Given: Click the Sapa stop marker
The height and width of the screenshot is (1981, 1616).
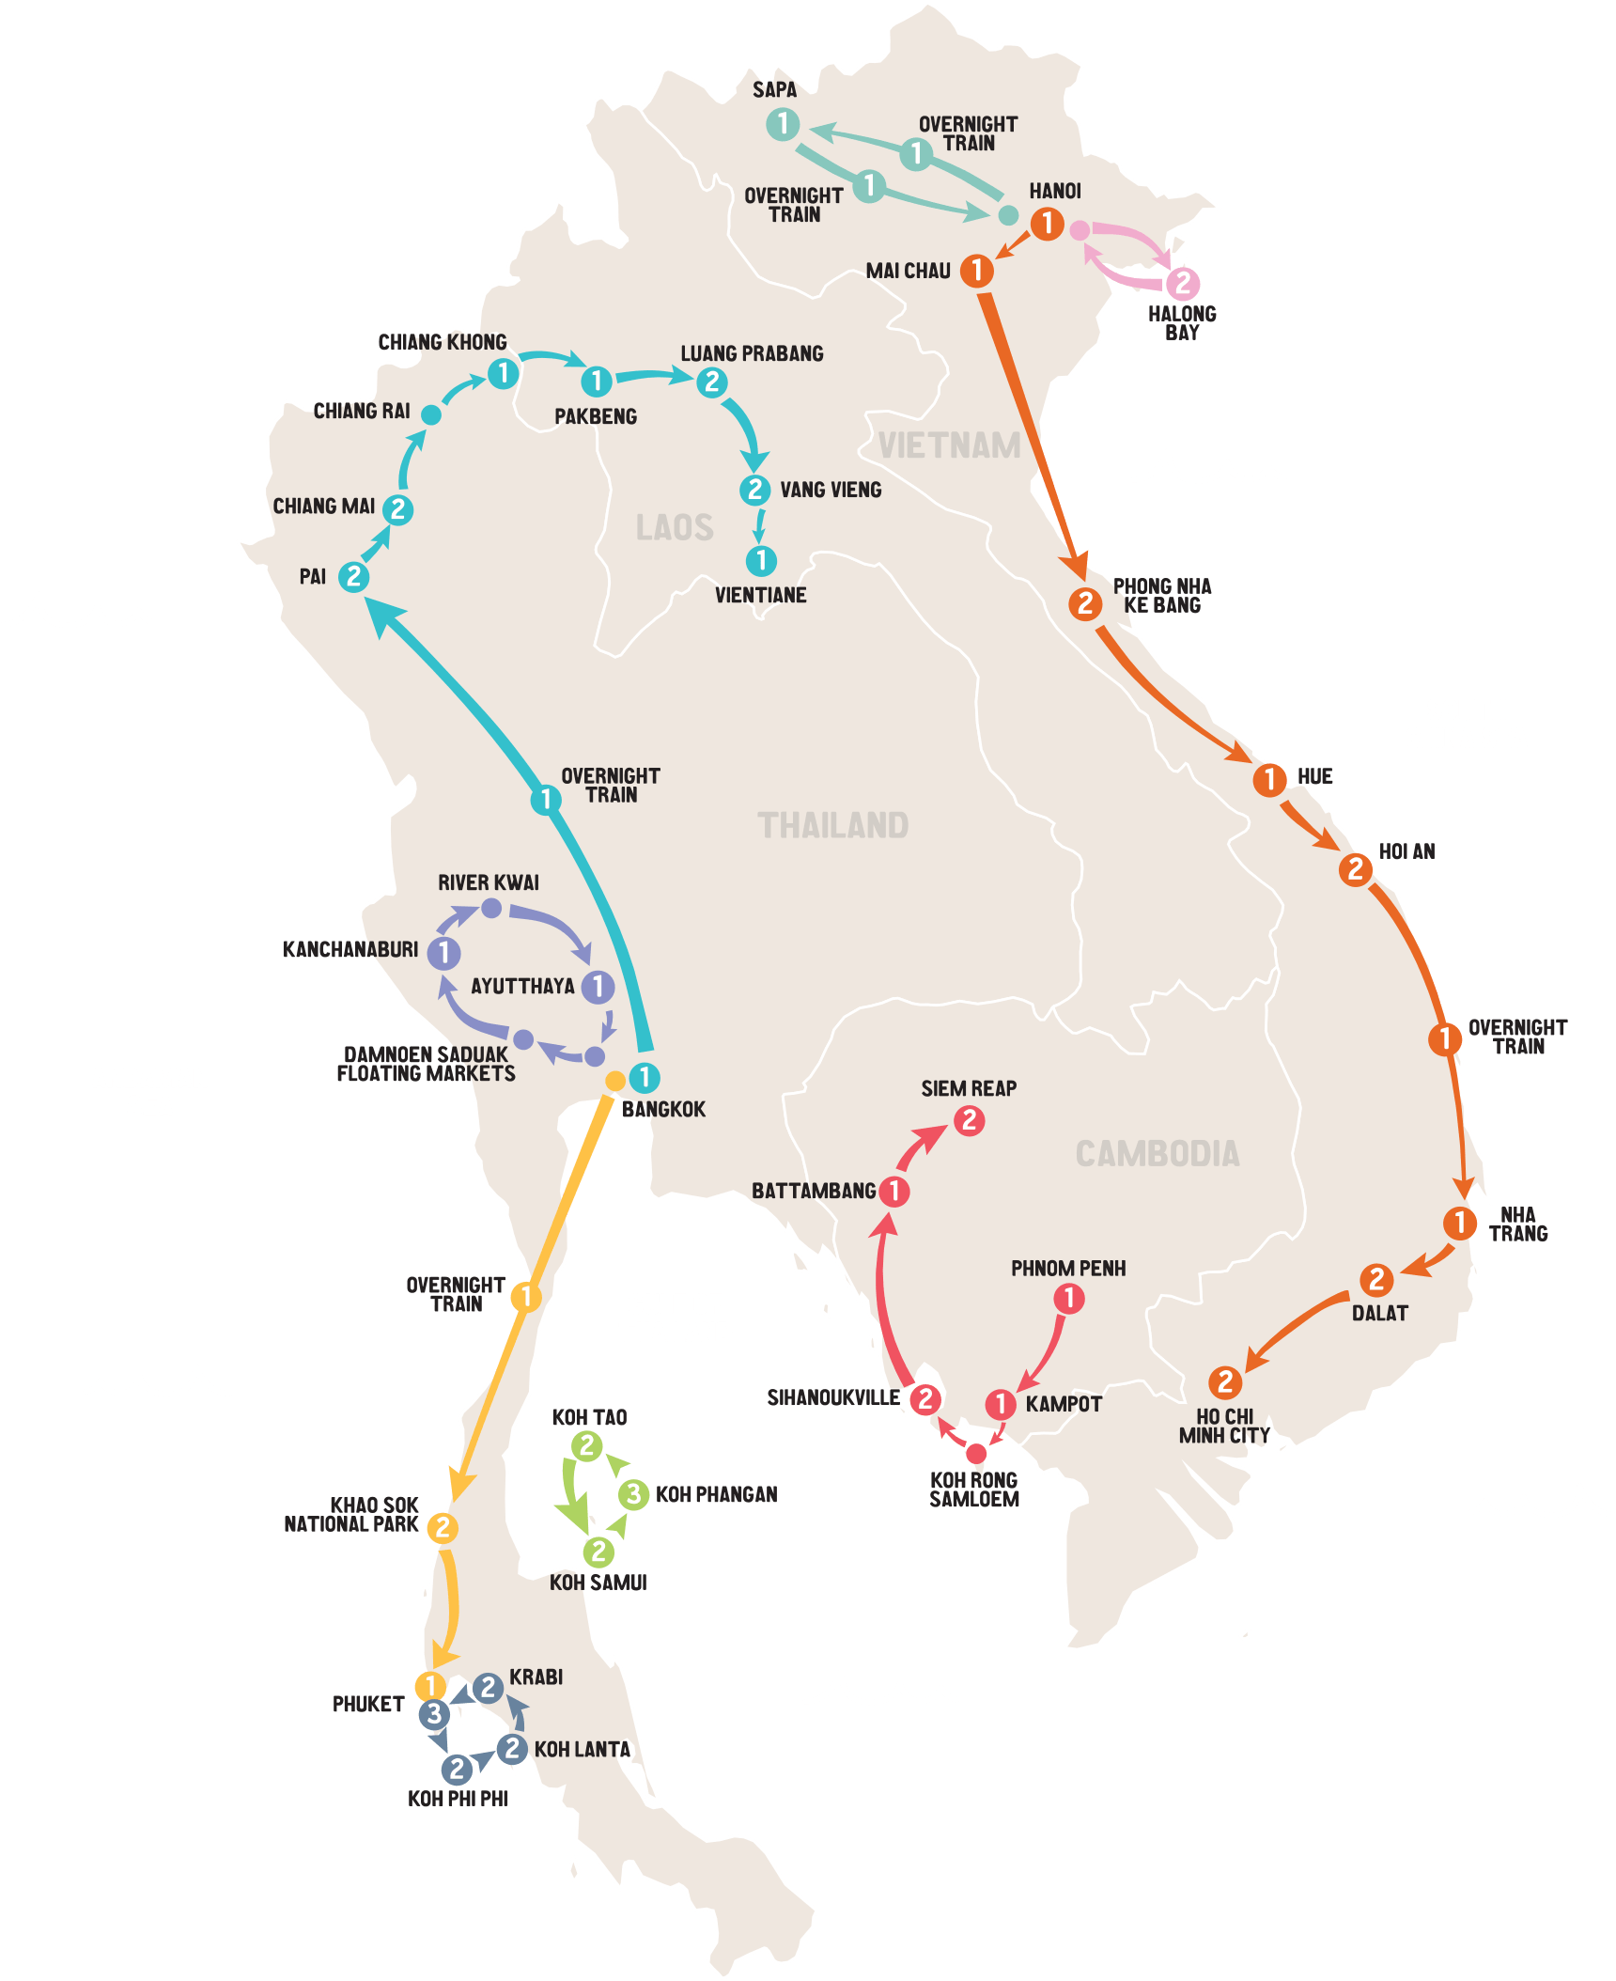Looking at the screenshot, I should click(782, 124).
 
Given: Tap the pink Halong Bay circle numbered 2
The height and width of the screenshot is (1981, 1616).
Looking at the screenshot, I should click(1183, 282).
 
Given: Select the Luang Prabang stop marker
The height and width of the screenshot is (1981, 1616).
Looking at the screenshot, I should click(712, 382).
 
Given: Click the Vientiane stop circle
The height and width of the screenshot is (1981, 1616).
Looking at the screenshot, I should click(761, 561).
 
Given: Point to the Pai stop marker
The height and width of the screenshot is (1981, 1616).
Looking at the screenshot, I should click(353, 576).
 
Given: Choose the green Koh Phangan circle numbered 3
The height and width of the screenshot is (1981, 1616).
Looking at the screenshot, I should click(633, 1493).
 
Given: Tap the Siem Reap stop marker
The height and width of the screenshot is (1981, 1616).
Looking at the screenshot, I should click(969, 1120).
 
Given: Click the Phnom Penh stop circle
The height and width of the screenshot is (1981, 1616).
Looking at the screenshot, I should click(1068, 1299).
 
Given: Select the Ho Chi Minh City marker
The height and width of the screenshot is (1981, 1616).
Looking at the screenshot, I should click(1224, 1382).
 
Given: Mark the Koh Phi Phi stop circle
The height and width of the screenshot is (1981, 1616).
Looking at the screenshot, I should click(457, 1769).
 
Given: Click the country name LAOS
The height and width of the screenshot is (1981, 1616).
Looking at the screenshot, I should click(675, 527).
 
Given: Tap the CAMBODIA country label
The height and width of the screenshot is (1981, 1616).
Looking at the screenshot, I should click(1158, 1154).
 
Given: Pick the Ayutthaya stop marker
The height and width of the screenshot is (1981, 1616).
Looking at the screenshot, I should click(598, 986).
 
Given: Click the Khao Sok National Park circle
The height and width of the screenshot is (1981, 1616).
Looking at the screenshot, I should click(443, 1527).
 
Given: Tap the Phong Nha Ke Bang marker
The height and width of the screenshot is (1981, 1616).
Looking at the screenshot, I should click(1085, 603).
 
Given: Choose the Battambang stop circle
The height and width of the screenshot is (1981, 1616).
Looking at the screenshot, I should click(894, 1191).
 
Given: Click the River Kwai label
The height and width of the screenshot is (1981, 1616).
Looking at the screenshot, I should click(489, 882).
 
